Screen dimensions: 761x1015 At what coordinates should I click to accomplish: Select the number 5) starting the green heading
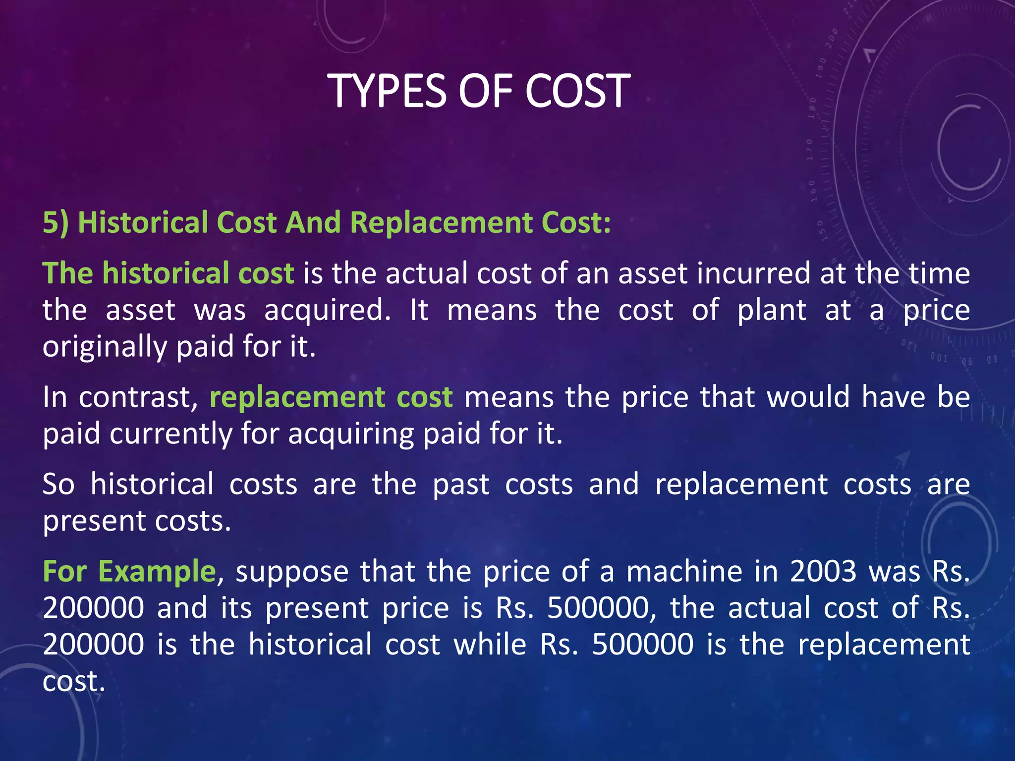(55, 222)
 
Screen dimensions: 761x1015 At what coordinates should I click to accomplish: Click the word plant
(772, 311)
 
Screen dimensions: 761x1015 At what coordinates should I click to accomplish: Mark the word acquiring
(350, 434)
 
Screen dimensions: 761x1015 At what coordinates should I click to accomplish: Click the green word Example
(157, 571)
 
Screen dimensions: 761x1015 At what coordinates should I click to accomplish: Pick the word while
(490, 645)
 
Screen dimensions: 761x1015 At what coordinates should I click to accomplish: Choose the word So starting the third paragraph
(58, 485)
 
